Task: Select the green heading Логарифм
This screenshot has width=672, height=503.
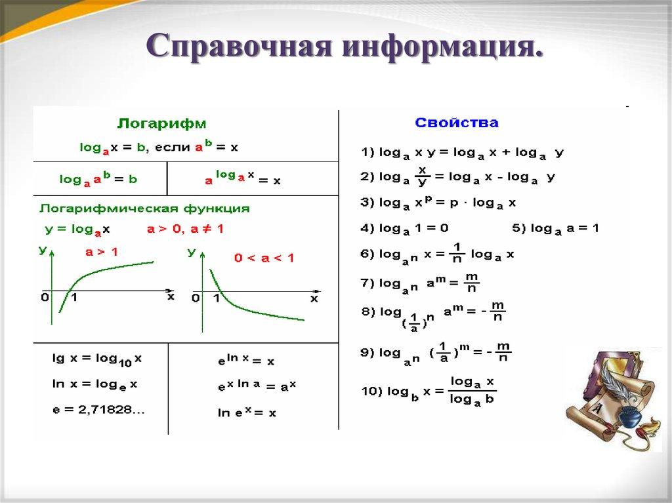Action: click(x=161, y=123)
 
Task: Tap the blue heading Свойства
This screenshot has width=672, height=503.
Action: click(x=457, y=123)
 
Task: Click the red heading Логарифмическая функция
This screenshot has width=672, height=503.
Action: click(x=145, y=209)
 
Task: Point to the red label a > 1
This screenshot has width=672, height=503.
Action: click(x=102, y=251)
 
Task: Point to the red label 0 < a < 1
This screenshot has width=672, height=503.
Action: click(x=264, y=258)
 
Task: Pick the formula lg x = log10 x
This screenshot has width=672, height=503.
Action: click(x=96, y=359)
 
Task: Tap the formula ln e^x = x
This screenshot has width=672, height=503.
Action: click(x=247, y=412)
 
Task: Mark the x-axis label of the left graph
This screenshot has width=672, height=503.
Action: click(x=171, y=296)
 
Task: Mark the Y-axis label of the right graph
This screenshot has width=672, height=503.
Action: click(x=192, y=252)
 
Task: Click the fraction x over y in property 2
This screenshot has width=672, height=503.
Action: click(x=422, y=176)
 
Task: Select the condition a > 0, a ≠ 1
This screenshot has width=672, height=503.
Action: click(x=184, y=230)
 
